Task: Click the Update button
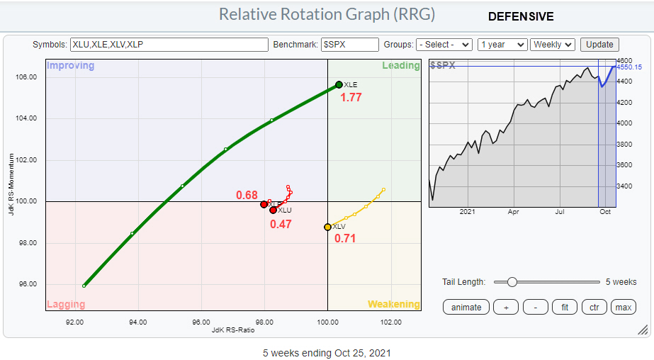point(599,44)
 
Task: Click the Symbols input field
point(169,44)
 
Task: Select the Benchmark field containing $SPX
point(350,44)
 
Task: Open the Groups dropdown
point(444,44)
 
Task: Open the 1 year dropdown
point(502,44)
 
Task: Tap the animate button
point(466,307)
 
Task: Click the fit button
point(564,307)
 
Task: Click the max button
point(623,307)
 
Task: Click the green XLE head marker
point(339,85)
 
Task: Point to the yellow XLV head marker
point(327,227)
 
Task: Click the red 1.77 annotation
point(351,98)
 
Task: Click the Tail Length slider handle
point(512,282)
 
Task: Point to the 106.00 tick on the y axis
point(26,77)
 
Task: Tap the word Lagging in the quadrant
point(66,305)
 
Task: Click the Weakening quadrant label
point(393,305)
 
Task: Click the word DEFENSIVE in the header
point(521,16)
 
